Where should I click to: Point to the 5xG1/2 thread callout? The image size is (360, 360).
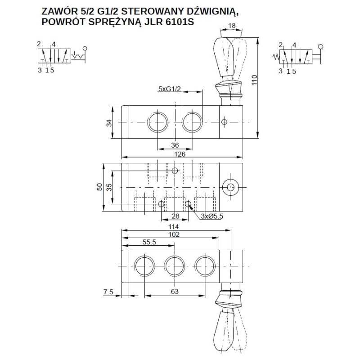coord(169,89)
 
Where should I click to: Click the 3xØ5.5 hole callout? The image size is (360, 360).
coord(211,216)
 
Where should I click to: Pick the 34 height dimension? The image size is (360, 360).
coord(109,122)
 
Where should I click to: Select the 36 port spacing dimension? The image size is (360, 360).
coord(175,145)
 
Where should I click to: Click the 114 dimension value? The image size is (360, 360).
coord(174,226)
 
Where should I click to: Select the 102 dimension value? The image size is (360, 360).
coord(174,234)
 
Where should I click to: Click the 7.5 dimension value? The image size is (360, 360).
coord(108,292)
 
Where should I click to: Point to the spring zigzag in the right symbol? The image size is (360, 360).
coord(275,56)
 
